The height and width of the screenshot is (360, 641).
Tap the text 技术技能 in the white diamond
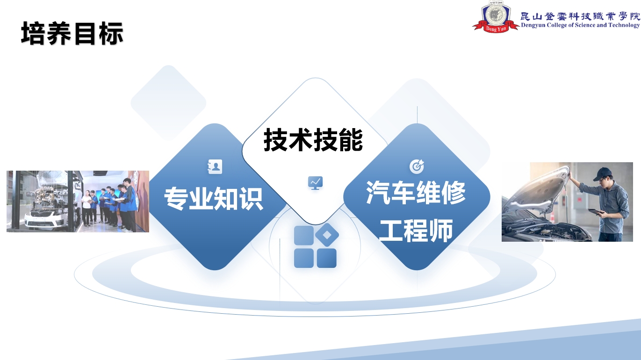click(313, 140)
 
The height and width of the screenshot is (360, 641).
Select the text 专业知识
click(214, 199)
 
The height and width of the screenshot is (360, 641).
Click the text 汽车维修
click(416, 193)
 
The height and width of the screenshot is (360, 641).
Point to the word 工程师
click(416, 230)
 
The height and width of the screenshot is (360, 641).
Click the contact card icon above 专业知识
click(215, 166)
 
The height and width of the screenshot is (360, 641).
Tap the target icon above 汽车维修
click(417, 166)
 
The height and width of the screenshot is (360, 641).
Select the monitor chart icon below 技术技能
click(315, 183)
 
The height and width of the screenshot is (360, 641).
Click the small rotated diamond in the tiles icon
click(327, 235)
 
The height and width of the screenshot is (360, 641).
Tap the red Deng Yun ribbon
click(496, 28)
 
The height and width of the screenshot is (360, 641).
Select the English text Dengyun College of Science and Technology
click(580, 25)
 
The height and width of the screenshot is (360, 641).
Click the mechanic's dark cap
click(603, 174)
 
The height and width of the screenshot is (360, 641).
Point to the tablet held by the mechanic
click(596, 211)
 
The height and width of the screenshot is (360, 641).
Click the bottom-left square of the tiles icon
click(304, 258)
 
